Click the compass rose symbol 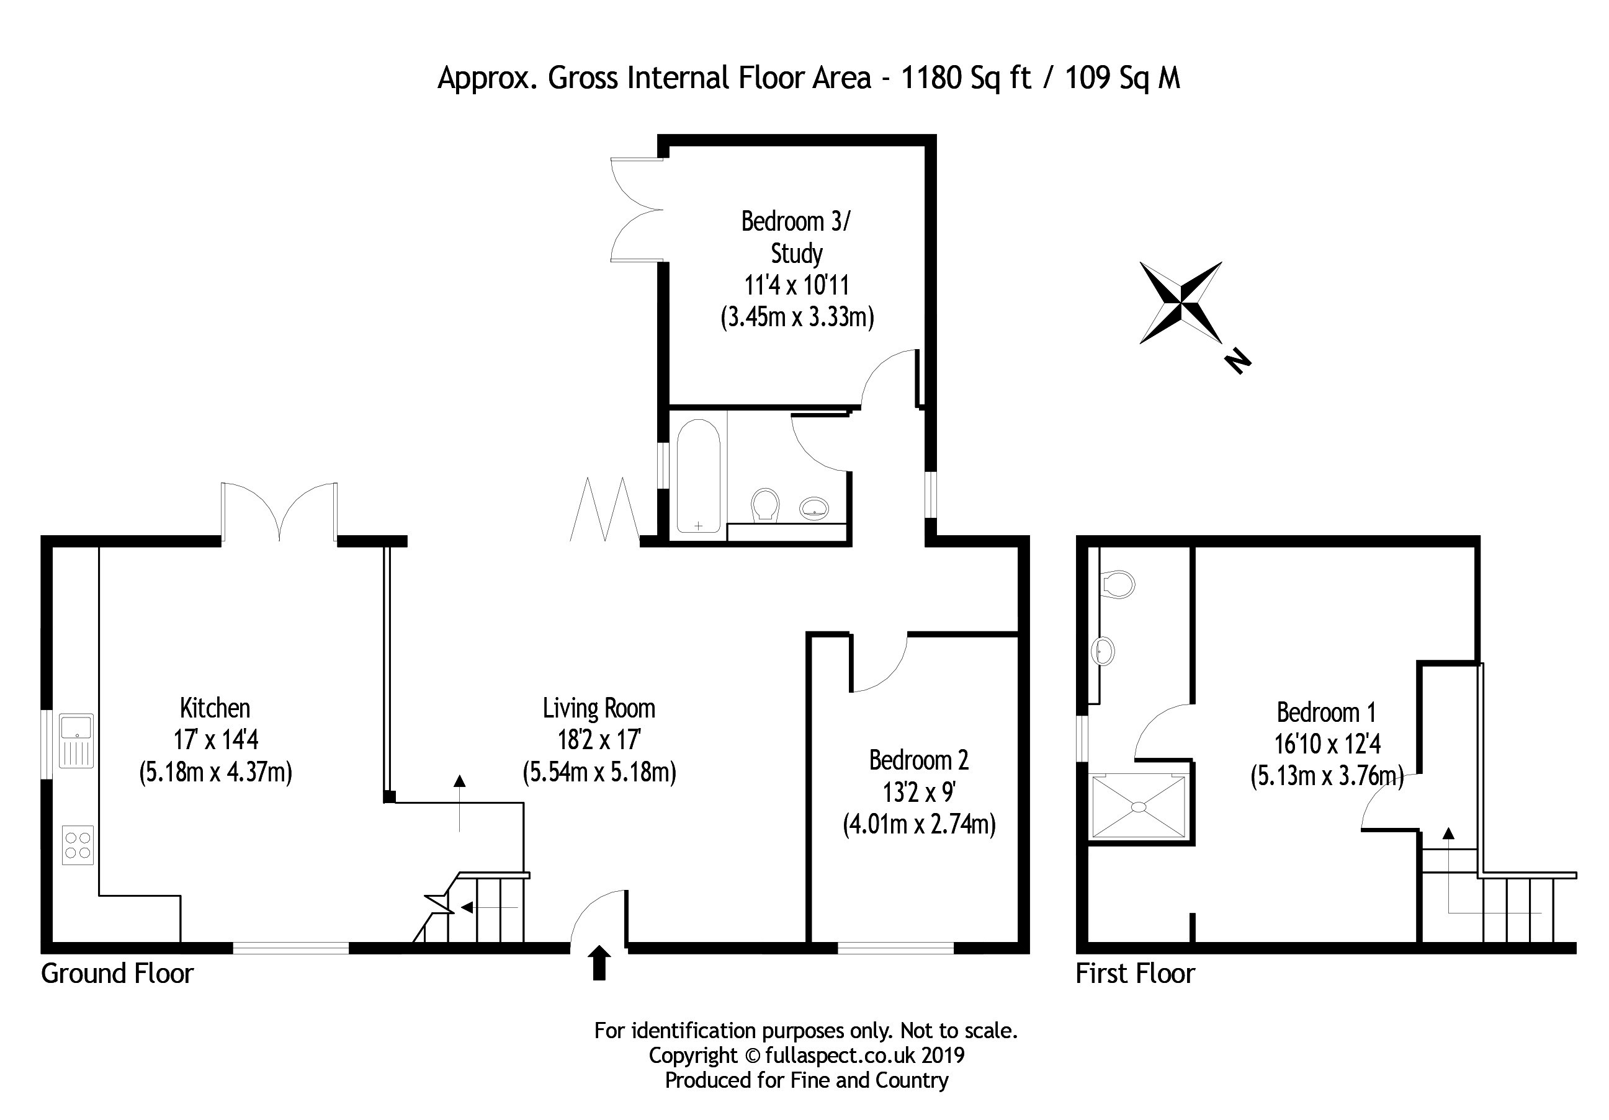[x=1181, y=303]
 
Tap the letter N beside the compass [x=1237, y=360]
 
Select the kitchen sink [x=76, y=740]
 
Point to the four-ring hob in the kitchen [x=77, y=845]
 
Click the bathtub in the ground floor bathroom [x=699, y=476]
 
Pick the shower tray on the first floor [x=1139, y=807]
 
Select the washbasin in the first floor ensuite [x=1103, y=651]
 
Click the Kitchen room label [x=215, y=708]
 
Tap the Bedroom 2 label [x=919, y=760]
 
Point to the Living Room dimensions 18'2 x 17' [x=599, y=740]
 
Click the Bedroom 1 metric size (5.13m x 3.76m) [x=1327, y=775]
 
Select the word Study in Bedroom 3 [x=797, y=254]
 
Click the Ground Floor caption [x=117, y=974]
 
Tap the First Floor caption [x=1136, y=974]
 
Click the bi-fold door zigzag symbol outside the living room [x=604, y=509]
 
